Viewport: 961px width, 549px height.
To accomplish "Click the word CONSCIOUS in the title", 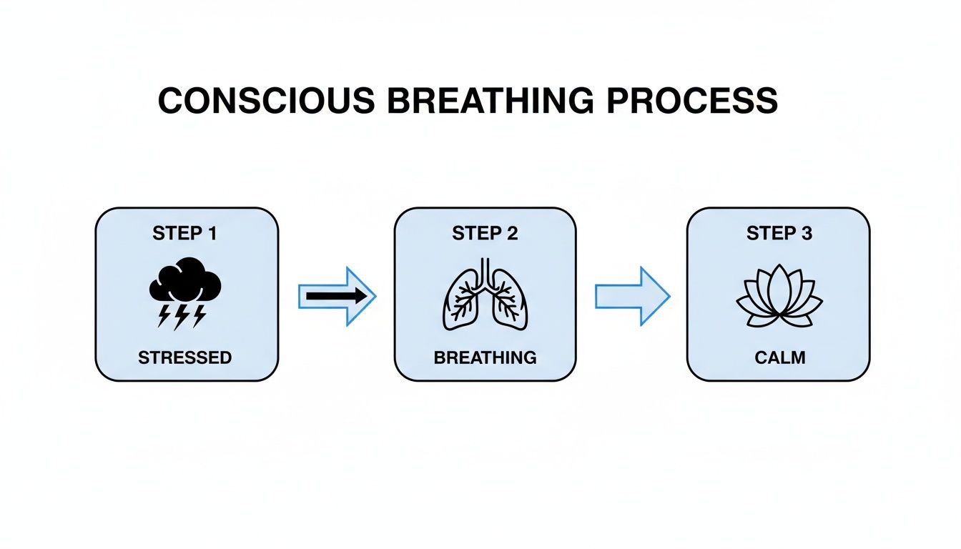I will pyautogui.click(x=266, y=102).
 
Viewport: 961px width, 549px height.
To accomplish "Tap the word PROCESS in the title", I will pyautogui.click(x=691, y=102).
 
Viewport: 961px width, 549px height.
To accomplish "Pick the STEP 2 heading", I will pyautogui.click(x=485, y=234).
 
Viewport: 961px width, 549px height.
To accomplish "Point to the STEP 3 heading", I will pyautogui.click(x=779, y=234).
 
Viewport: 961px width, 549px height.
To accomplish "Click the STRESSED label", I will pyautogui.click(x=185, y=357).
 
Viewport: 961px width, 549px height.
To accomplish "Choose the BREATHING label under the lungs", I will pyautogui.click(x=485, y=357).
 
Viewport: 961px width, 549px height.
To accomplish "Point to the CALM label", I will pyautogui.click(x=779, y=357).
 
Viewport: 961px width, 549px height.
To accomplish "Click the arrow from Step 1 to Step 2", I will pyautogui.click(x=337, y=296).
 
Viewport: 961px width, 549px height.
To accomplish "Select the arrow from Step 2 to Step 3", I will pyautogui.click(x=632, y=296).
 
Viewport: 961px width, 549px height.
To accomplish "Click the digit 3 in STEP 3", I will pyautogui.click(x=807, y=234).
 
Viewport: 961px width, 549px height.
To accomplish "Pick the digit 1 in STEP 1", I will pyautogui.click(x=212, y=234).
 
